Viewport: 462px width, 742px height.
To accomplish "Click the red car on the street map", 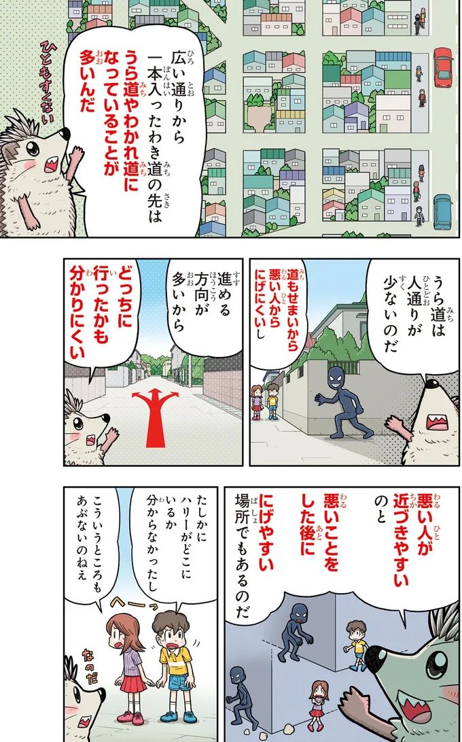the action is (443, 67).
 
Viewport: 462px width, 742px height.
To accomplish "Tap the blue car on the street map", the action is (442, 212).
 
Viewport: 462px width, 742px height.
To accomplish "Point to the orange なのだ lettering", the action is (88, 667).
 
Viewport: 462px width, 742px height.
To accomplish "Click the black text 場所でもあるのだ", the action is (243, 557).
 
